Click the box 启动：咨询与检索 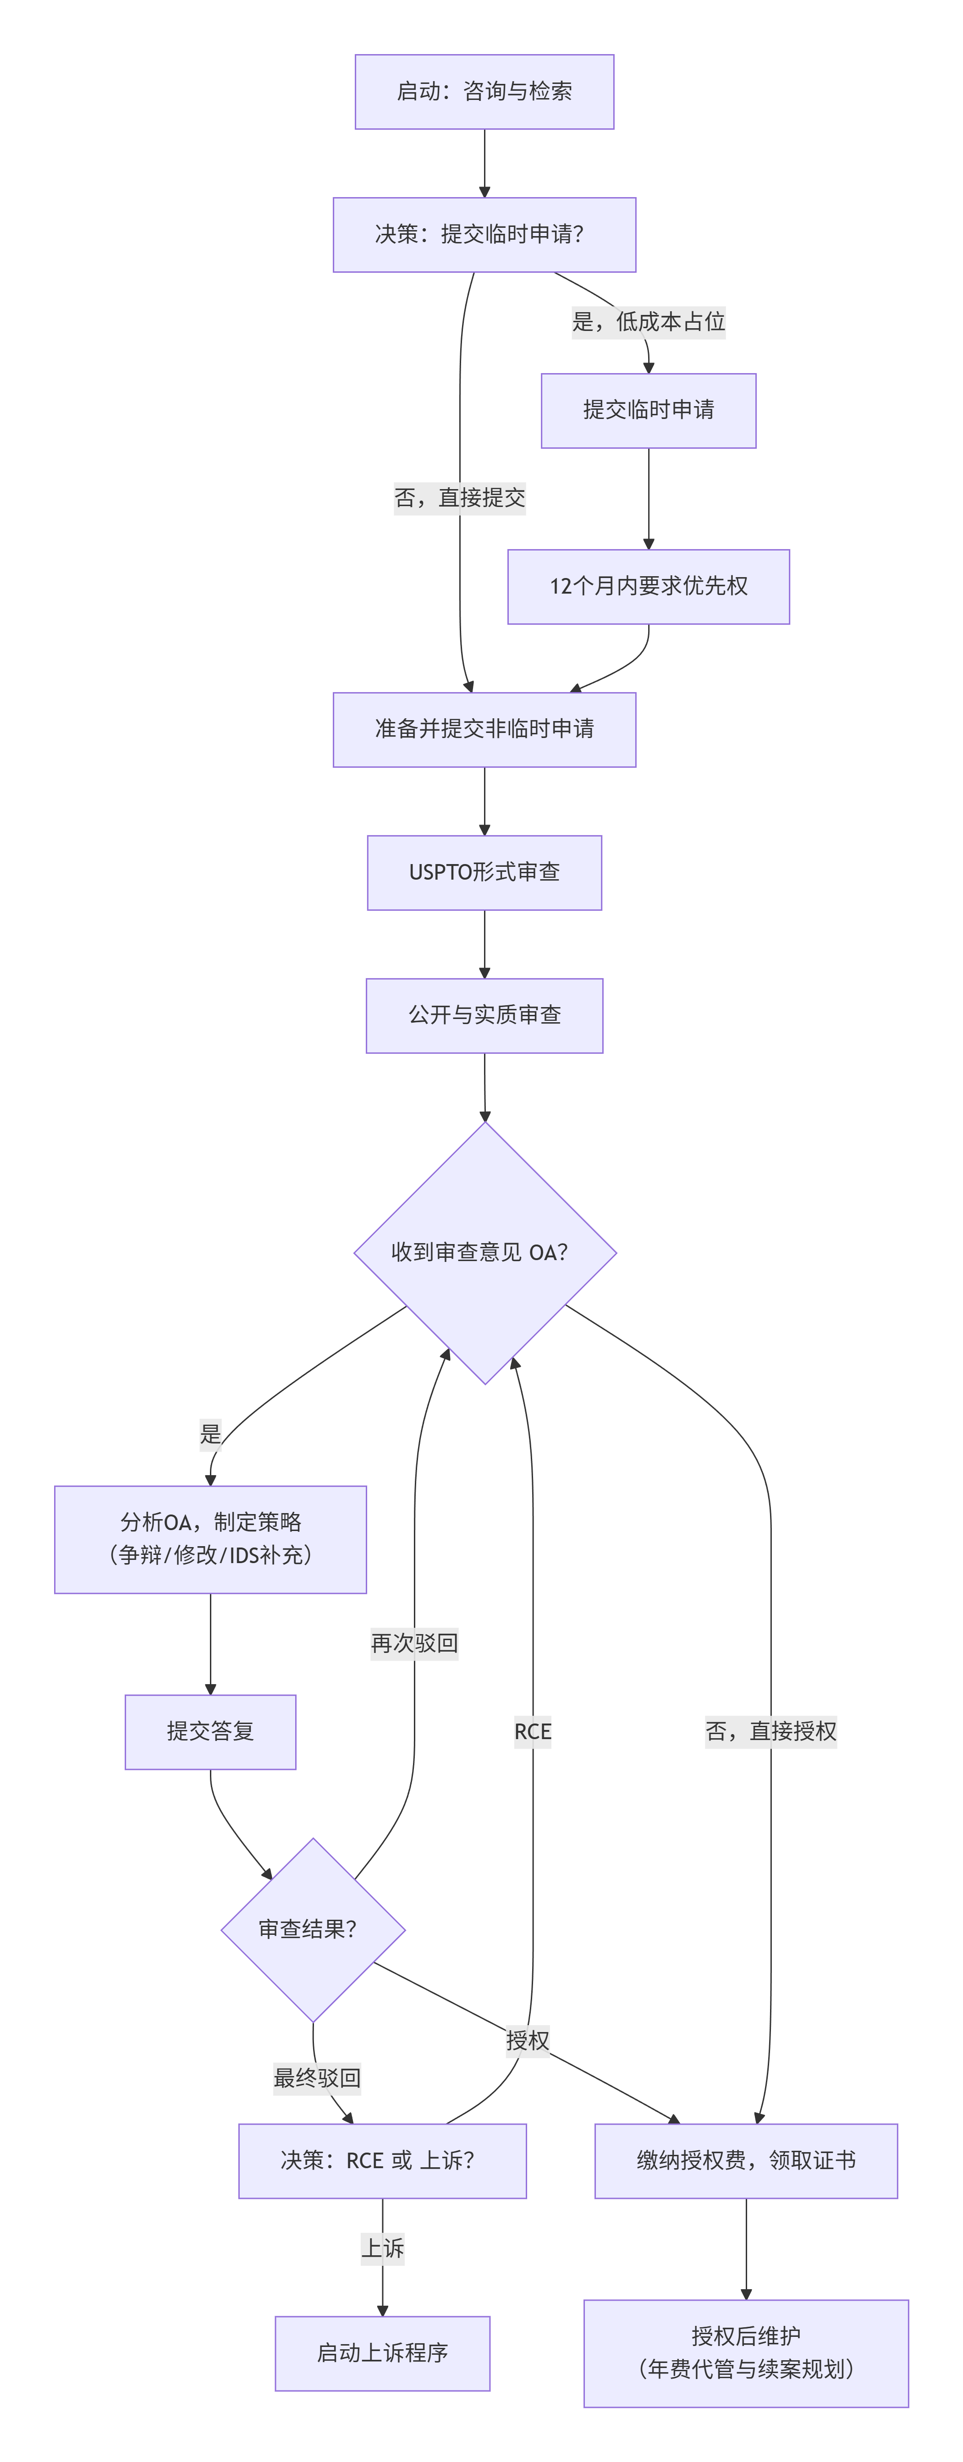484,92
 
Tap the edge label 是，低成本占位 649,322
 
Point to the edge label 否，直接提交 460,498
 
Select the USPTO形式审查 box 484,873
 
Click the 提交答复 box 210,1732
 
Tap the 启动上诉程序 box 382,2353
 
